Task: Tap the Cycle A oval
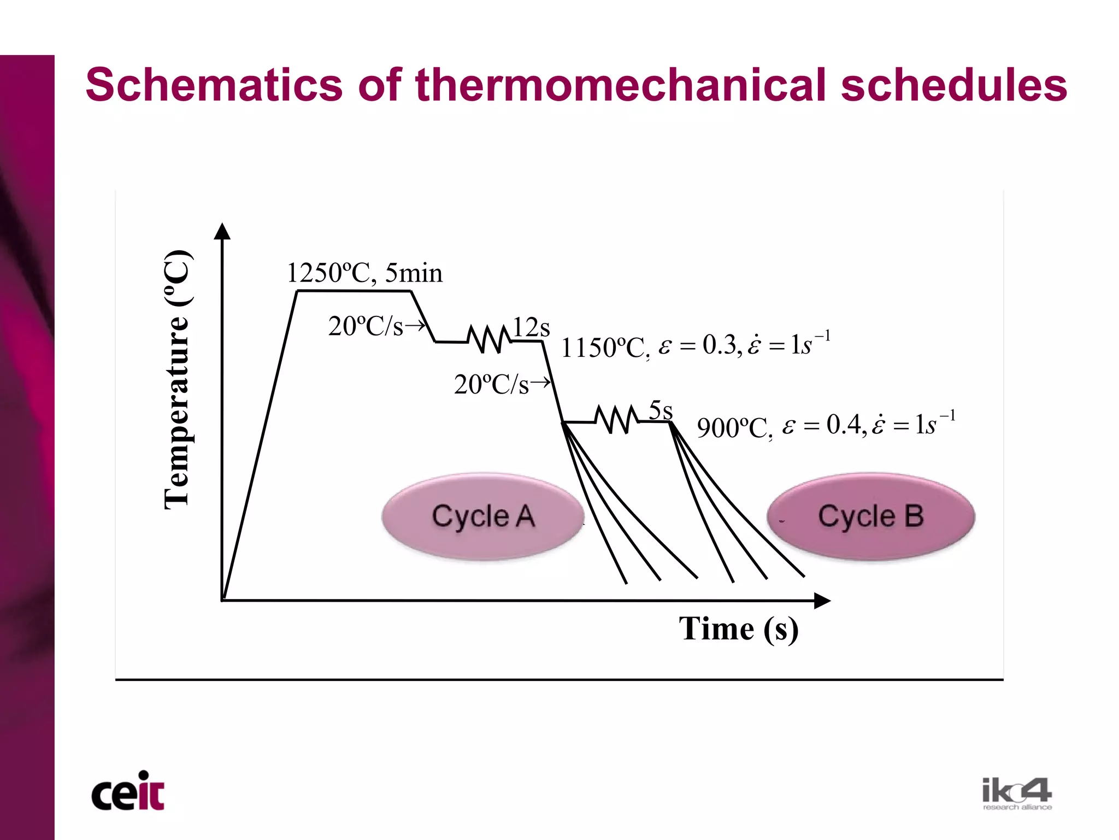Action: coord(483,516)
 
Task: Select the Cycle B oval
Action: coord(871,516)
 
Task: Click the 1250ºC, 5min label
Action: coord(364,273)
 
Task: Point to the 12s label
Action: coord(531,328)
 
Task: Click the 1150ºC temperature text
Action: coord(604,348)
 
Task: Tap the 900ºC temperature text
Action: coord(734,427)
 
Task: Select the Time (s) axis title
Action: coord(739,628)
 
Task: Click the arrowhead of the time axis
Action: coord(822,601)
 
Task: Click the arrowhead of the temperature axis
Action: coord(222,232)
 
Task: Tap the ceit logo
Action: coord(128,792)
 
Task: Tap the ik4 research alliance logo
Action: coord(1017,794)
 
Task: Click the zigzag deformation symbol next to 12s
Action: coord(490,339)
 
